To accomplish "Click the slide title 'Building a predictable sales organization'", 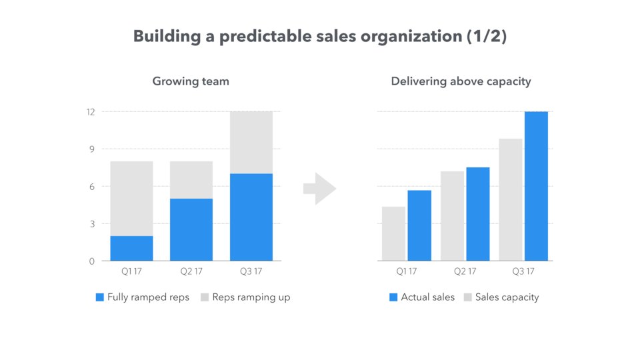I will (320, 37).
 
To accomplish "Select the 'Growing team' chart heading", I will (191, 81).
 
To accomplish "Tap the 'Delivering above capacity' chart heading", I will (461, 81).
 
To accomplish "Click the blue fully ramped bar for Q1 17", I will (132, 248).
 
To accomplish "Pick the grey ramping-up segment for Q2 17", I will (191, 180).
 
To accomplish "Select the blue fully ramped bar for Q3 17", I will (251, 217).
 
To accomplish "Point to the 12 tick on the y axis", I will (90, 112).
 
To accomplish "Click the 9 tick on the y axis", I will (91, 149).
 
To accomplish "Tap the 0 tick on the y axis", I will (91, 261).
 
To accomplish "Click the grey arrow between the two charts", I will (320, 189).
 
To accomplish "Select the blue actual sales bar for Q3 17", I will (536, 186).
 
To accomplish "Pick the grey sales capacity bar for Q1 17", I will (393, 233).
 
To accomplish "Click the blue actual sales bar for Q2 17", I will (477, 213).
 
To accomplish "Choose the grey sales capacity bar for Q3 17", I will (511, 199).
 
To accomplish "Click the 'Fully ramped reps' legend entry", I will (143, 297).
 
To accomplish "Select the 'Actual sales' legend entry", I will (421, 297).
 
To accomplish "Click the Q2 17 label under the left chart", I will (191, 271).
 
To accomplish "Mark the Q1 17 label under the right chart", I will (406, 271).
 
